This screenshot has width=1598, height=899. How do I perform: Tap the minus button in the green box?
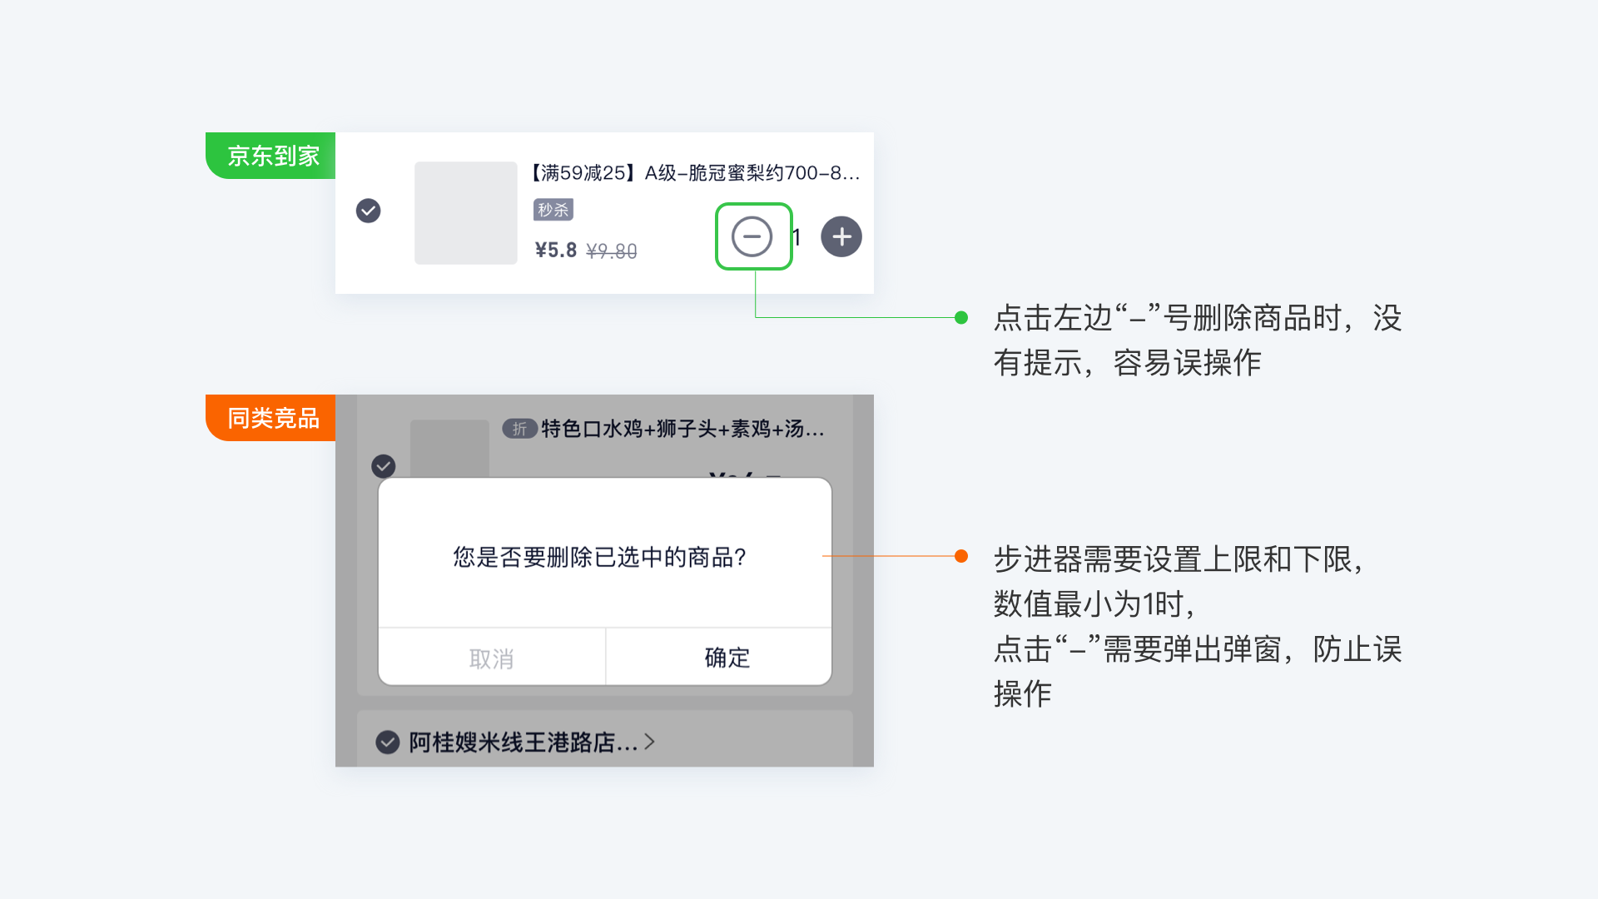[752, 237]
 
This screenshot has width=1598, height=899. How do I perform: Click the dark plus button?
[841, 237]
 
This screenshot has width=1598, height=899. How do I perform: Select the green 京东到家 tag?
[271, 156]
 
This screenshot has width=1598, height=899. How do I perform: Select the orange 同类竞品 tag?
[271, 418]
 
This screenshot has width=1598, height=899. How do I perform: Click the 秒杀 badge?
[553, 210]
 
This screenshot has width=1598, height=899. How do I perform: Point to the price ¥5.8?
[555, 251]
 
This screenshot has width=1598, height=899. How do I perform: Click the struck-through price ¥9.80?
[612, 251]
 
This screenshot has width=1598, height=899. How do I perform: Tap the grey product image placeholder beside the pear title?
[465, 213]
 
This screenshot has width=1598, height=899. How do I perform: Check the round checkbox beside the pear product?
[368, 211]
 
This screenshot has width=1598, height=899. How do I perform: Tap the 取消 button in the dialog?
[491, 658]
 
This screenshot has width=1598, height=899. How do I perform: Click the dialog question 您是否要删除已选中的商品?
[599, 557]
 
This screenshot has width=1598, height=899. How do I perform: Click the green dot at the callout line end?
[961, 317]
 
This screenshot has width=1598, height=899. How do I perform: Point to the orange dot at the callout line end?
[961, 556]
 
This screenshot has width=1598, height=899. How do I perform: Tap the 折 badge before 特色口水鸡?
[519, 429]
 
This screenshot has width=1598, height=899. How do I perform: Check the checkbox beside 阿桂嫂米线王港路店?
[387, 742]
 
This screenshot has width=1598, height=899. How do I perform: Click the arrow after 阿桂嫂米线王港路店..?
[650, 741]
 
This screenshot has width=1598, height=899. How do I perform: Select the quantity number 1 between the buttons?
[797, 238]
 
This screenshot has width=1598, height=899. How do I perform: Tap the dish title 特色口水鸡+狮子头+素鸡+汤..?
[682, 429]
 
